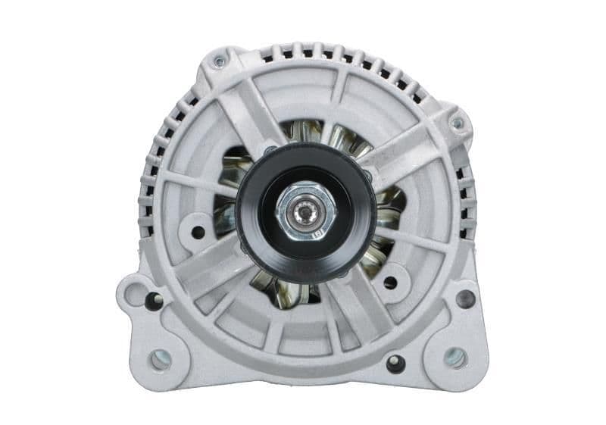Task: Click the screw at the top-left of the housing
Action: [219, 61]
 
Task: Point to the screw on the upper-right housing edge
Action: [456, 122]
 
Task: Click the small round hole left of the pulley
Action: [197, 231]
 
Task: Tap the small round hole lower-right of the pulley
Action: [390, 283]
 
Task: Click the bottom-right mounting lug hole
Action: [454, 357]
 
